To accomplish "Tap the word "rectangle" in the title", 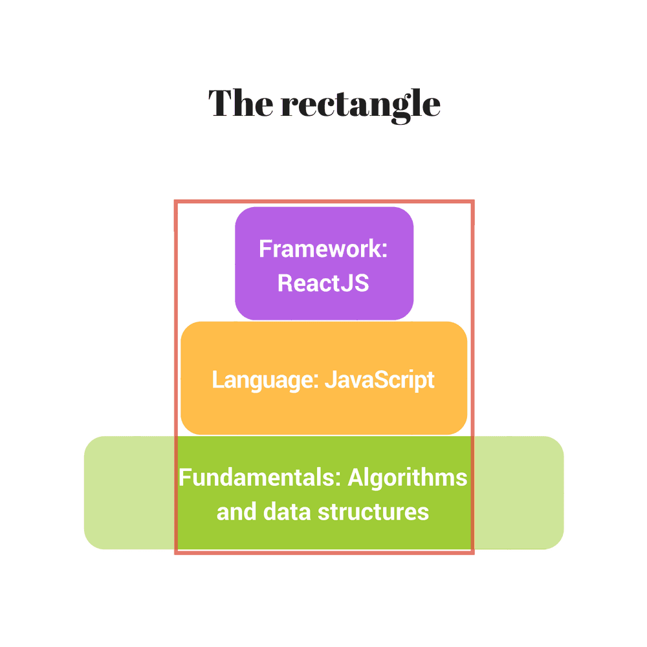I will pos(360,104).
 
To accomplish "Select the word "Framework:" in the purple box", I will pos(323,249).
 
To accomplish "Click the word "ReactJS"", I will pos(323,283).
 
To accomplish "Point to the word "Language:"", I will pos(265,380).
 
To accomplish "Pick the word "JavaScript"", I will pos(379,380).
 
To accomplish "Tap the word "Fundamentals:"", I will pos(260,478).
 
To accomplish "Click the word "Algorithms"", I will pos(408,478).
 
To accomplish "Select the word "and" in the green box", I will pos(236,512).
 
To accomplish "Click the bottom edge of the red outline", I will pos(323,553).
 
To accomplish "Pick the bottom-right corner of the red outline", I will pos(472,553).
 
